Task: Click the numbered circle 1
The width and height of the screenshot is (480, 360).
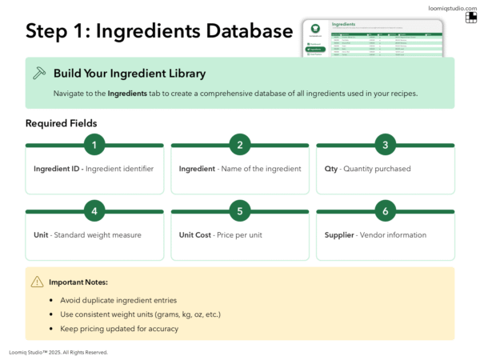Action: coord(94,145)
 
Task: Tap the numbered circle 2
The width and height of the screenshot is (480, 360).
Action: coord(240,145)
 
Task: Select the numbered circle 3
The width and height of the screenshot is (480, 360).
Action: coord(385,145)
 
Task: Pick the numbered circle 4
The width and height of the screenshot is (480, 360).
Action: coord(94,211)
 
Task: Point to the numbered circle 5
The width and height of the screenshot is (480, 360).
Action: coord(240,211)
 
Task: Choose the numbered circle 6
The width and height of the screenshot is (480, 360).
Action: coord(385,211)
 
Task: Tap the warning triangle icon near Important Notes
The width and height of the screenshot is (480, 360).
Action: coord(38,282)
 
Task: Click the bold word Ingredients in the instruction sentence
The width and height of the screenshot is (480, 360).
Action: coord(127,94)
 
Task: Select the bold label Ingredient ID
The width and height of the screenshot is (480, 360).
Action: coord(58,169)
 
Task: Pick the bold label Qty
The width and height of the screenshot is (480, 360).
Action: coord(332,169)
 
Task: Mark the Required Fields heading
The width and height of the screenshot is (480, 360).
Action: coord(62,123)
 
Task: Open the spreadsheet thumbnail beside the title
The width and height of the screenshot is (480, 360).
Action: coord(372,38)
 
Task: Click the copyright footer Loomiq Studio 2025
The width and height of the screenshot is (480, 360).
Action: coord(58,352)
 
